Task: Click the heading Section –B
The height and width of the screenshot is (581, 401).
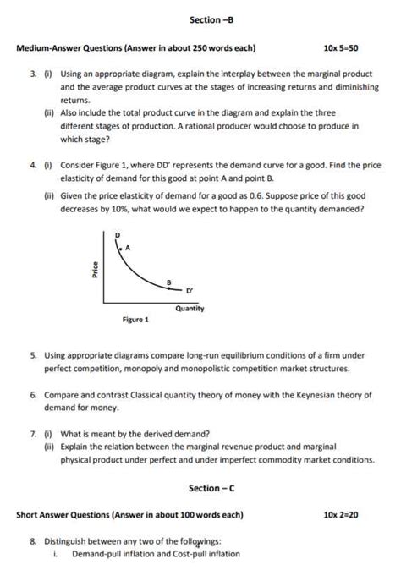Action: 200,19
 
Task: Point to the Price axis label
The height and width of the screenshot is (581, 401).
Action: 95,270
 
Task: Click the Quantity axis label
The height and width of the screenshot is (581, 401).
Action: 190,309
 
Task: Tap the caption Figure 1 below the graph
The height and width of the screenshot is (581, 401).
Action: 135,321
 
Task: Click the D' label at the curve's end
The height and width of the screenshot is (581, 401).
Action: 190,290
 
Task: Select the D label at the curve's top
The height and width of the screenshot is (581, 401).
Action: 118,233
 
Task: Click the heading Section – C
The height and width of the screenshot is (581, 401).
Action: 206,488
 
